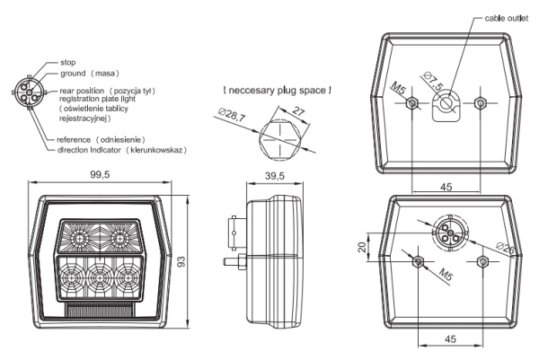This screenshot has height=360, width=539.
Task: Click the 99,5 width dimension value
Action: click(x=99, y=174)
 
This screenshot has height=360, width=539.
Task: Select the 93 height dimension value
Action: click(x=180, y=262)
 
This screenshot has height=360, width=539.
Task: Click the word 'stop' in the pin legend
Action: click(x=67, y=62)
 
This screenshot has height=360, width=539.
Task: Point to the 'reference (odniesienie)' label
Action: click(x=101, y=139)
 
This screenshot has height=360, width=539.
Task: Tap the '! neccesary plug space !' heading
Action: click(x=276, y=90)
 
